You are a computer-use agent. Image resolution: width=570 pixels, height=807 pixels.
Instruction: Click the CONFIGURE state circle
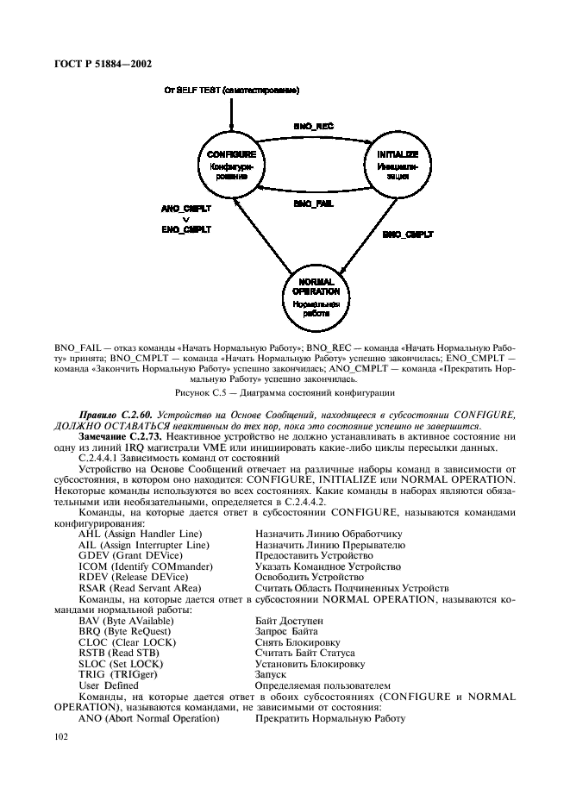(232, 163)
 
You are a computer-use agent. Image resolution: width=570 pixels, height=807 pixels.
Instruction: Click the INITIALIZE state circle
(398, 163)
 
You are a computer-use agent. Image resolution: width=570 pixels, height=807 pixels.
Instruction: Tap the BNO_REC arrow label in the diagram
(313, 126)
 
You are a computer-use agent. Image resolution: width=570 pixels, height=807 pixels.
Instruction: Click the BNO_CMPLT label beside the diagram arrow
(408, 234)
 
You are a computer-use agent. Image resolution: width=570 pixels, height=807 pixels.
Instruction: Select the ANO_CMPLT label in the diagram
(186, 209)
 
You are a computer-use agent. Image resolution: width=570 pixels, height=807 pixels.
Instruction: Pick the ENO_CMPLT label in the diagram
(186, 229)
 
